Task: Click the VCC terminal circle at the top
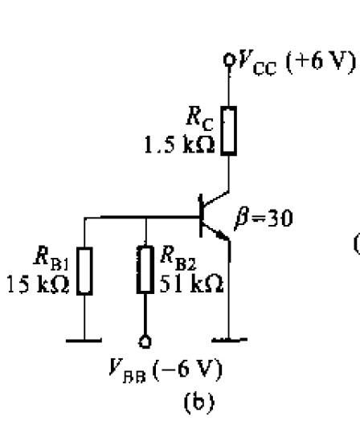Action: pos(229,59)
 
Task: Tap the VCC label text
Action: pos(257,63)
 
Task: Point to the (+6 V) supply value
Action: pos(321,62)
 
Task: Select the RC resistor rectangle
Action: pos(229,131)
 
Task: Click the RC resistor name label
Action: pos(199,119)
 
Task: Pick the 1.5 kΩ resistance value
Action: pos(179,145)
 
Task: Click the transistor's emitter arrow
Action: pos(222,235)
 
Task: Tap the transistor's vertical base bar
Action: pos(201,216)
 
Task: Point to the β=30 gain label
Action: pos(264,219)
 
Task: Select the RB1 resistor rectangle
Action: pos(84,271)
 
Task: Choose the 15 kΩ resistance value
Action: pos(38,284)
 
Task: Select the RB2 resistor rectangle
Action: pos(145,269)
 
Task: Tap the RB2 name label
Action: pos(178,258)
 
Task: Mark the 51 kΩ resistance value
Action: pos(191,284)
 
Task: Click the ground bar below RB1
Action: pos(84,341)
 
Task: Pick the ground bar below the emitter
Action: pos(229,340)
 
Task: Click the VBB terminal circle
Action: pos(145,342)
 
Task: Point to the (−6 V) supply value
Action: pos(187,370)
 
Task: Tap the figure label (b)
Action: pos(198,402)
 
